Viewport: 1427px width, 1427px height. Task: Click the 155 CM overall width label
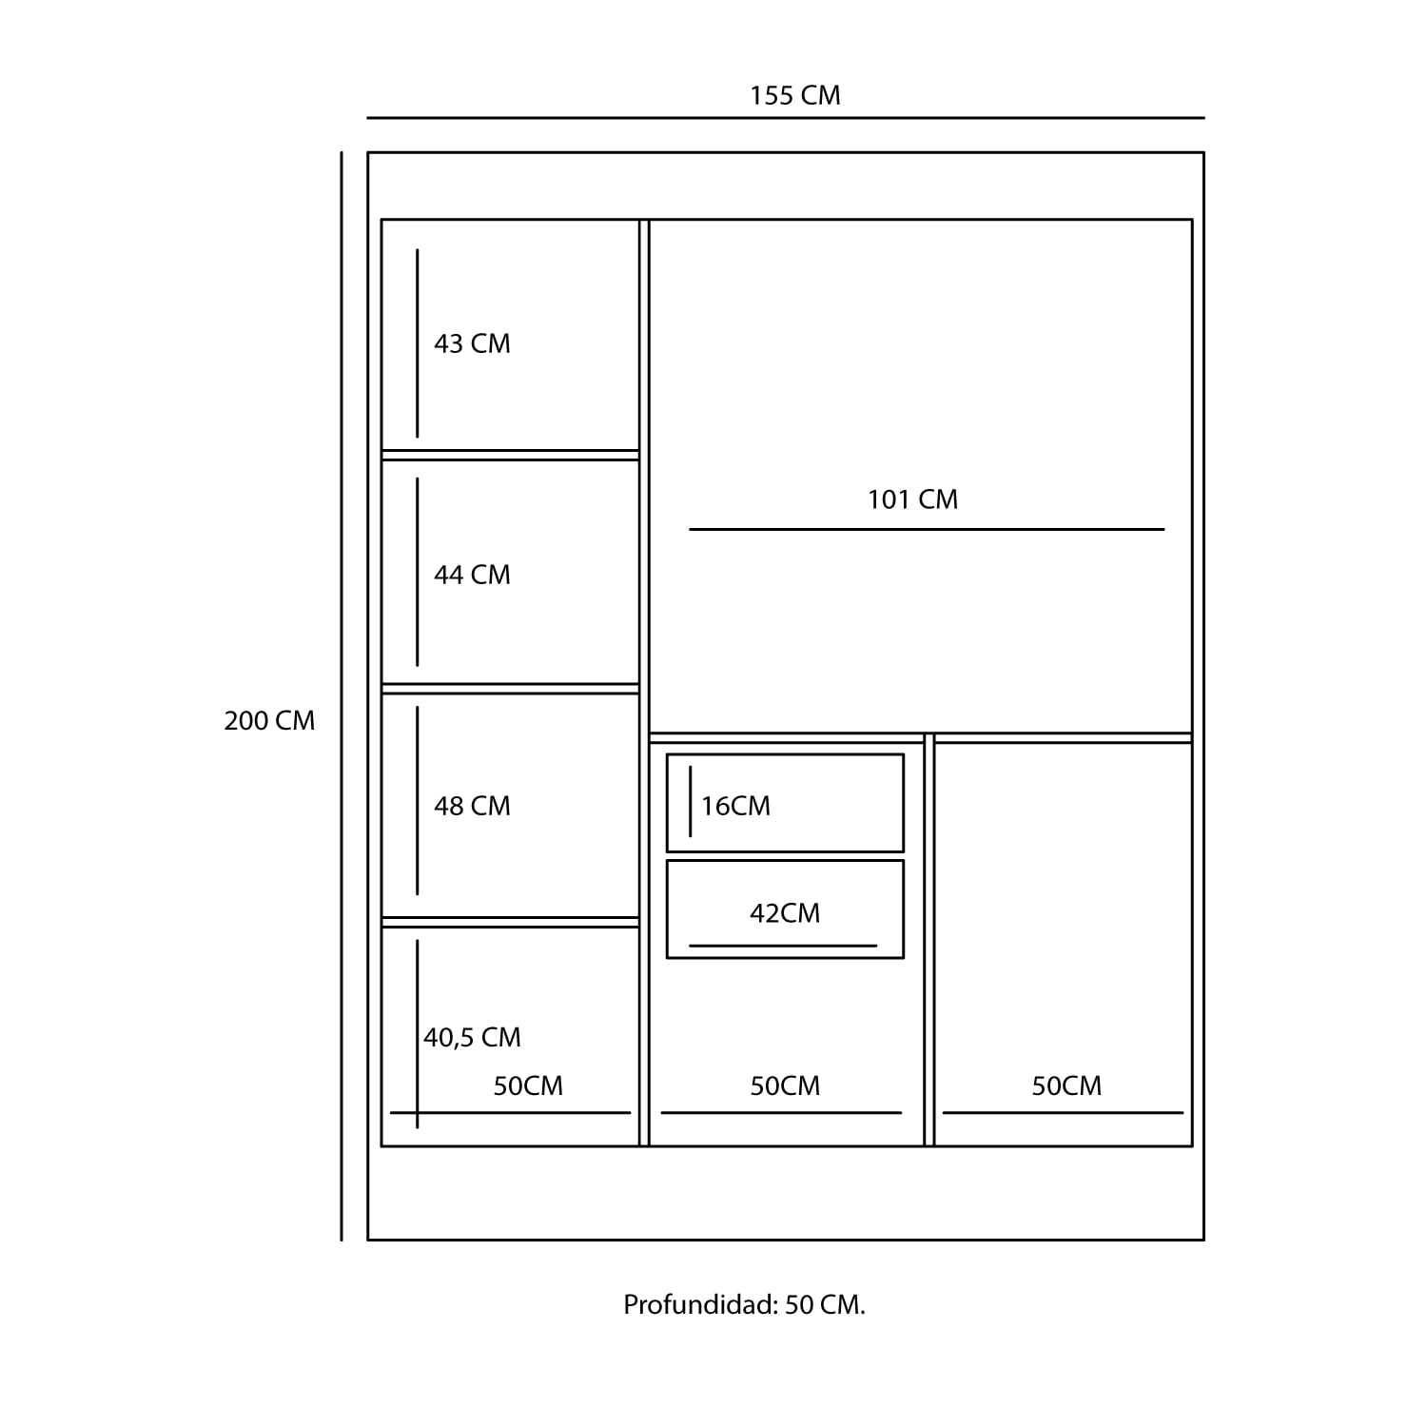point(794,96)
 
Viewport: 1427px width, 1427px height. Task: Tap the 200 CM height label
point(269,721)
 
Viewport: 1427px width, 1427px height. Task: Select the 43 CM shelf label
point(472,343)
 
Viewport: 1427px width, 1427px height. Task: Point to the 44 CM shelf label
point(472,575)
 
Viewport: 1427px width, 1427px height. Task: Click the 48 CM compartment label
point(472,806)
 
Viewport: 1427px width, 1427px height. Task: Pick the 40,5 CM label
point(472,1037)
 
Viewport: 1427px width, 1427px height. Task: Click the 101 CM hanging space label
point(912,499)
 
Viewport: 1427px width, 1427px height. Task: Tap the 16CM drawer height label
point(735,806)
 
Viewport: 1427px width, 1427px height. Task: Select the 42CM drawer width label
point(785,913)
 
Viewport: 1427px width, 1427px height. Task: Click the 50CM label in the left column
point(528,1085)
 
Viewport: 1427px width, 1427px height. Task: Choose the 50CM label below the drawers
point(785,1085)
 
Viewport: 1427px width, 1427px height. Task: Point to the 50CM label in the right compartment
point(1066,1085)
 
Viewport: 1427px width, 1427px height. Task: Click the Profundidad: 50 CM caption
point(744,1305)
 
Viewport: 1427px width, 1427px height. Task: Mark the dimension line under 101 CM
point(927,529)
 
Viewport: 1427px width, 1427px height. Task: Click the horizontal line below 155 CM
point(786,118)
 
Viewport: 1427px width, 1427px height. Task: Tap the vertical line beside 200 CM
point(342,696)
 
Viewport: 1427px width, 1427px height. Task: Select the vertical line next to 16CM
point(691,801)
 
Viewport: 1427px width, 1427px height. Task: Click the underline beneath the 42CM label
point(783,946)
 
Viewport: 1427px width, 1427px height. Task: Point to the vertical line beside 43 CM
point(418,343)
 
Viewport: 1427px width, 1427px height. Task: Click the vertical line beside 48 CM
point(418,800)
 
